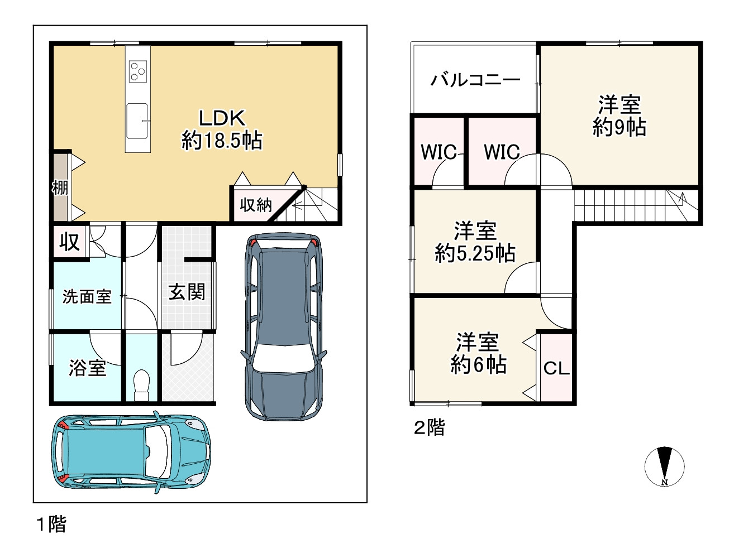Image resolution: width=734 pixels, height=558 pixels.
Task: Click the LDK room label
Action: click(222, 118)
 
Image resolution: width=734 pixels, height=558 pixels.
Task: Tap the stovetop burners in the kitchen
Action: click(137, 71)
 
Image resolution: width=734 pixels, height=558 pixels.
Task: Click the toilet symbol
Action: click(142, 384)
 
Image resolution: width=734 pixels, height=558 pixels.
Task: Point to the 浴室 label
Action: click(87, 368)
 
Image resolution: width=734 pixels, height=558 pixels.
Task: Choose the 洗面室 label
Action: click(87, 296)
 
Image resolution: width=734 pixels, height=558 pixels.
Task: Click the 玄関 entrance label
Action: click(187, 292)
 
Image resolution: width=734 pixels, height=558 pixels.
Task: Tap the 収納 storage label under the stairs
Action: click(255, 205)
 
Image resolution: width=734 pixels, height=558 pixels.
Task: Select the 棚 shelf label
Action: click(60, 187)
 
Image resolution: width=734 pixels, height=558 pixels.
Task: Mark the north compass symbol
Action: click(664, 466)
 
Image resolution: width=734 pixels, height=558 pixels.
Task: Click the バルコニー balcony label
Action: click(475, 80)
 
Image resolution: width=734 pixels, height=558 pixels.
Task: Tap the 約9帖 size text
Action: click(619, 128)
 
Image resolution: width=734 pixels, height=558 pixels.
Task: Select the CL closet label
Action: click(556, 368)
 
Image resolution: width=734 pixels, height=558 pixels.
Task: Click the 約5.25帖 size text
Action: click(475, 253)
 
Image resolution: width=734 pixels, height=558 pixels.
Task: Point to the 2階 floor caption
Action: click(429, 428)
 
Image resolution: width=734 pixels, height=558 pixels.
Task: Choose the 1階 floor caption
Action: click(51, 524)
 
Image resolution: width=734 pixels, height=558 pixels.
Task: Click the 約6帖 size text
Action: click(478, 365)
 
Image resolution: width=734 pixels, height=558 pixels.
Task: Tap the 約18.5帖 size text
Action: click(222, 141)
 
